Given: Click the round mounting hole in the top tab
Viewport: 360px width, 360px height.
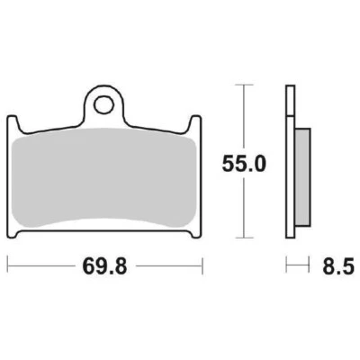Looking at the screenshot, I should click(104, 103).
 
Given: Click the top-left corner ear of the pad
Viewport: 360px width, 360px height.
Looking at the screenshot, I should click(13, 122).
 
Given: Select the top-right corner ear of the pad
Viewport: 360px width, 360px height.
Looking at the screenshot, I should click(195, 122).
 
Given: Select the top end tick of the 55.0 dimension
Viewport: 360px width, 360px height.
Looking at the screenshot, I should click(240, 85).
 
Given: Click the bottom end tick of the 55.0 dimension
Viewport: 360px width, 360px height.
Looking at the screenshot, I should click(240, 238).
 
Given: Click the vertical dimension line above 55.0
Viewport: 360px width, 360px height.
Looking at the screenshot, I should click(240, 117).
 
